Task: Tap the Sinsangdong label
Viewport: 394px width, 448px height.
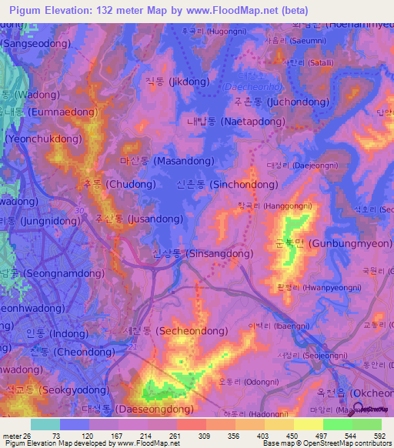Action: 203,253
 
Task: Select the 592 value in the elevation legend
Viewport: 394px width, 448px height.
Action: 378,435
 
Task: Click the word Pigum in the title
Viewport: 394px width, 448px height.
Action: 21,11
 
